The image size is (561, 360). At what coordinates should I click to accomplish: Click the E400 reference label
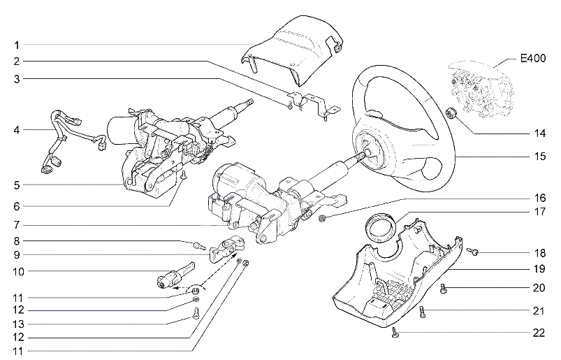coord(533,58)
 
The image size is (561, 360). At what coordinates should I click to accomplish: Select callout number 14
coord(540,134)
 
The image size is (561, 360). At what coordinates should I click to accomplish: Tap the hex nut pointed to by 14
coord(451,114)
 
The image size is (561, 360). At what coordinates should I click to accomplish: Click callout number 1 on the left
coord(17,45)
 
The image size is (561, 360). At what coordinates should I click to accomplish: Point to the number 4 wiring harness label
coord(17,130)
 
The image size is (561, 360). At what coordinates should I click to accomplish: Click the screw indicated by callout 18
coord(473,252)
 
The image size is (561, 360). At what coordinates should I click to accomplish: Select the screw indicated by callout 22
coord(395,333)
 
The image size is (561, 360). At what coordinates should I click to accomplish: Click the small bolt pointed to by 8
coord(198,246)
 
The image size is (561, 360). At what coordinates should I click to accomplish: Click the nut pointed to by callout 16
coord(321,218)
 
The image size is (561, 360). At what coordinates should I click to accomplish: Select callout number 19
coord(539,268)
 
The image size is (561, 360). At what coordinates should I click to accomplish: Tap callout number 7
coord(17,226)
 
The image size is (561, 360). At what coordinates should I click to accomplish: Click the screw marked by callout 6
coord(184,175)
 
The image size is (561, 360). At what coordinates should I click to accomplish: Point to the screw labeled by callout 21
coord(423,312)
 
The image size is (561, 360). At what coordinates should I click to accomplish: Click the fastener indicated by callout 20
coord(444,289)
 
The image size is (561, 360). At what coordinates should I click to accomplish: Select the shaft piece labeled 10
coord(175,275)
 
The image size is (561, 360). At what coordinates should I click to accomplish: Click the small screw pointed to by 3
coord(289,106)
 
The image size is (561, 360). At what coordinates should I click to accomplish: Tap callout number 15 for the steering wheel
coord(540,157)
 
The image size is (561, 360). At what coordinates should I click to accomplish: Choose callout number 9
coord(17,255)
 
